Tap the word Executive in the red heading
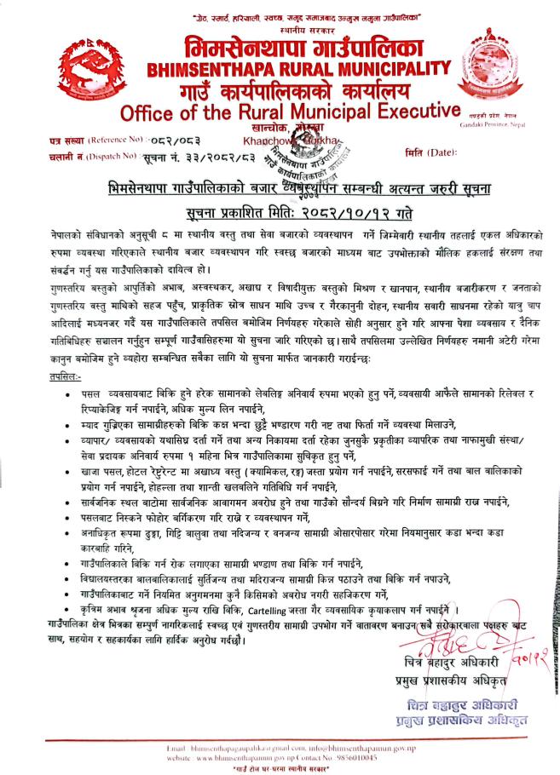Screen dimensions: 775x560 397,112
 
